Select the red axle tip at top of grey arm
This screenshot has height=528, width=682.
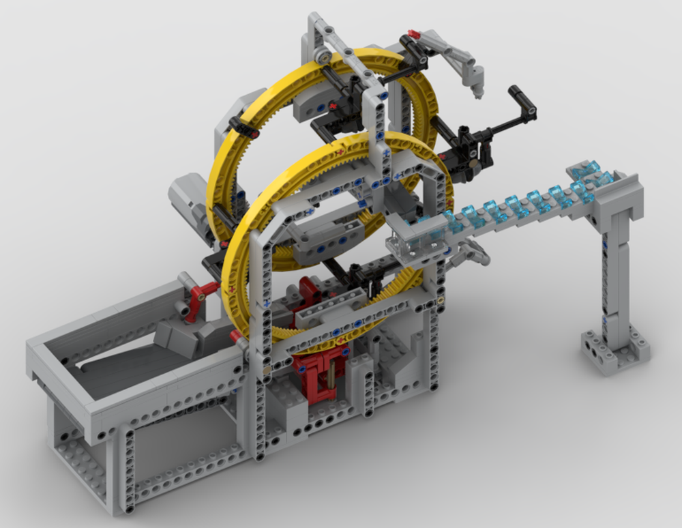[x=413, y=33]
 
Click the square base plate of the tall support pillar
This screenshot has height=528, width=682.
[x=614, y=351]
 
